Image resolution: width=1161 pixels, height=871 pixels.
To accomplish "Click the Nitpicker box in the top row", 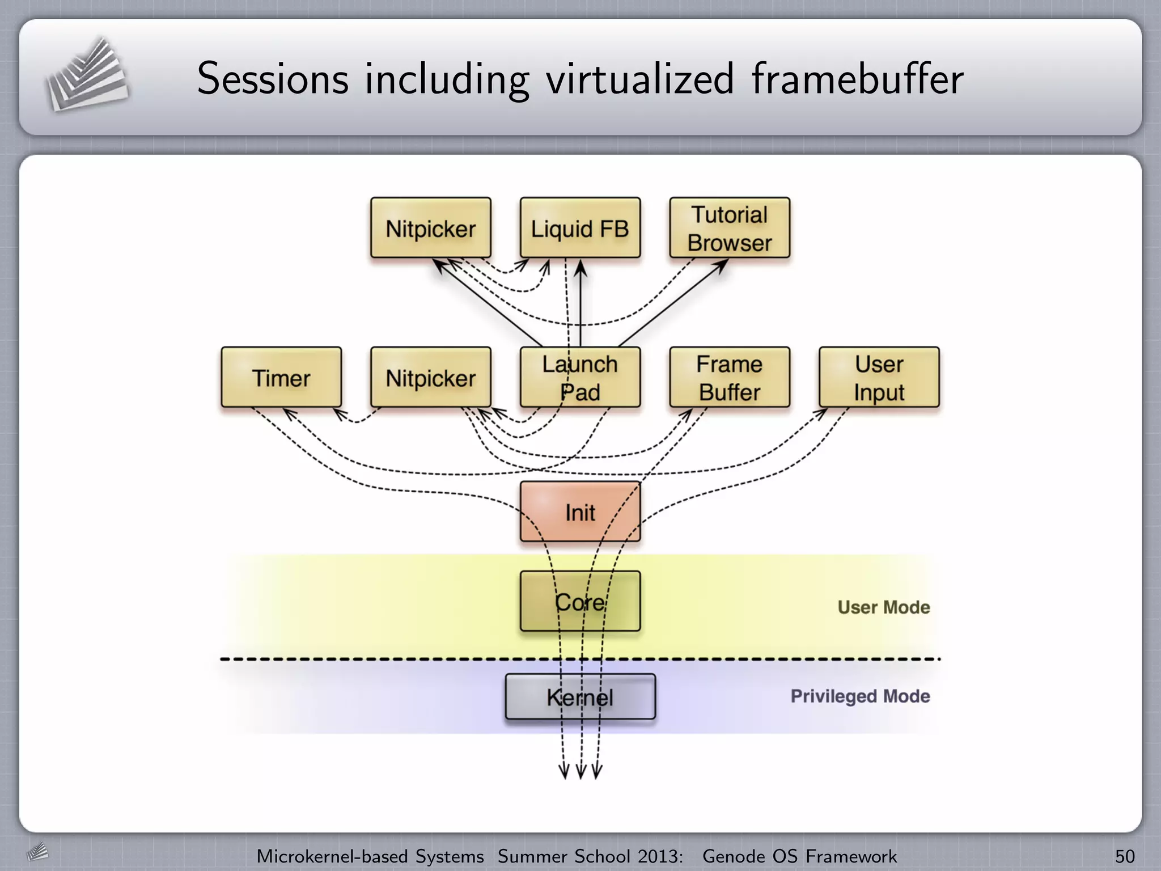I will [x=430, y=228].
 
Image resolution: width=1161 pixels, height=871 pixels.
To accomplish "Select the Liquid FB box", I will [x=580, y=228].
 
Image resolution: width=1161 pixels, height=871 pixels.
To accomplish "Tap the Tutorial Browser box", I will [x=730, y=228].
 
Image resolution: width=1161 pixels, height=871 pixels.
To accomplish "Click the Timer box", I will [x=281, y=378].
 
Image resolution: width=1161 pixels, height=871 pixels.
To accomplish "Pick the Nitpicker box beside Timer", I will [x=430, y=378].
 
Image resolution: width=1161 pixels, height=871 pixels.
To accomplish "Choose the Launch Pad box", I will [x=580, y=378].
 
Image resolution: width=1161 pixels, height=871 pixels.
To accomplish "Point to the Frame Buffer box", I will [x=730, y=378].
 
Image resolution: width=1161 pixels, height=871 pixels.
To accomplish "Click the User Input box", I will [x=879, y=378].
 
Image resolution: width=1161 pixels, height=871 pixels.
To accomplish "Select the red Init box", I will [x=580, y=511].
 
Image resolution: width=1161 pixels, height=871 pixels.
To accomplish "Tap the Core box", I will [x=580, y=601].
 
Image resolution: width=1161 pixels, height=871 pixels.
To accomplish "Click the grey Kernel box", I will [x=580, y=697].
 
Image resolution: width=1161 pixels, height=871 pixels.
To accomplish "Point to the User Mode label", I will [x=884, y=607].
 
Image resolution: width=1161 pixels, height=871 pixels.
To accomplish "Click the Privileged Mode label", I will [x=860, y=696].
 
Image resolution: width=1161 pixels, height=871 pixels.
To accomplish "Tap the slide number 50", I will [x=1125, y=856].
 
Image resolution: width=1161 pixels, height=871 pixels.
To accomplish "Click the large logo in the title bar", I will [x=86, y=75].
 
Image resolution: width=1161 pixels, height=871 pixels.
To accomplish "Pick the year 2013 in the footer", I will [x=658, y=856].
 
